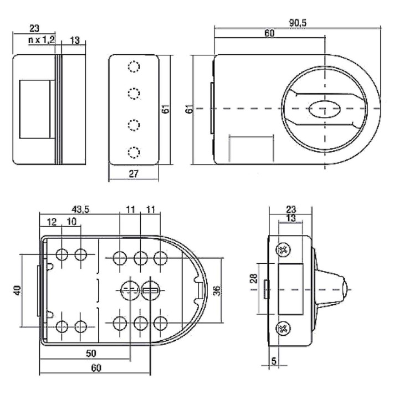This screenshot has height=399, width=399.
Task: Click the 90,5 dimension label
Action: pos(298,23)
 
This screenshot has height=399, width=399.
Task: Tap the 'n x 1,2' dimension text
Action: pos(42,40)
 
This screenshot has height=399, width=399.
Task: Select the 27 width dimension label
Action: pos(134,174)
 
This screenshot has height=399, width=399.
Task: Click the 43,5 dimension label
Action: pos(80,209)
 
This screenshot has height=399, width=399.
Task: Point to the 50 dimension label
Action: pos(91,353)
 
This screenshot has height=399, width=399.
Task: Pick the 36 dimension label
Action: pos(217,290)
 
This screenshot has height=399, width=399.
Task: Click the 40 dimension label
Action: pos(17,290)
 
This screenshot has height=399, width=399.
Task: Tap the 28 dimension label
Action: pos(254,279)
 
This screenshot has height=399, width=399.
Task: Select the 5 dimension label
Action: pos(274,361)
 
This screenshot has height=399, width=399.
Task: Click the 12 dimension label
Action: pos(52,222)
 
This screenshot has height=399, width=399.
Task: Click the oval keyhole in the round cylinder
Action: pos(324,109)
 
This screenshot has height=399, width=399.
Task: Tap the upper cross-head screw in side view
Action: pos(283,249)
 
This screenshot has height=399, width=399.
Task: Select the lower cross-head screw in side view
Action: pos(283,328)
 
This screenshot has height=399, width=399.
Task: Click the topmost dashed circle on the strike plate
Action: pos(134,66)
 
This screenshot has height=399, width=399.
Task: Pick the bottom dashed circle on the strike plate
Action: pos(134,152)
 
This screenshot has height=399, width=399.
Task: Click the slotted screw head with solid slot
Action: pos(150,290)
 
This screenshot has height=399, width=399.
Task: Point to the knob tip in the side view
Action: pos(345,290)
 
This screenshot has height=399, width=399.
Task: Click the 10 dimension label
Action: pos(71,222)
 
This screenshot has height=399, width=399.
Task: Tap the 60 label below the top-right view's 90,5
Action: pos(269,33)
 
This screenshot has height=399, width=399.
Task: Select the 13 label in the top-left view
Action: pos(75,40)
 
